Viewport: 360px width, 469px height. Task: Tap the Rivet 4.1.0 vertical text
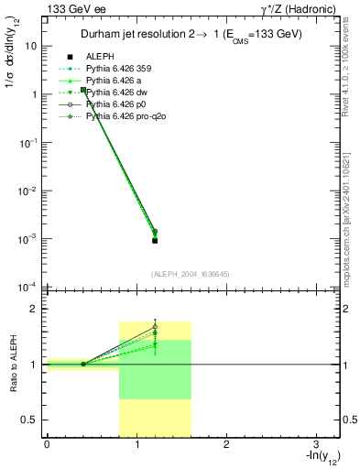(x=351, y=73)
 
